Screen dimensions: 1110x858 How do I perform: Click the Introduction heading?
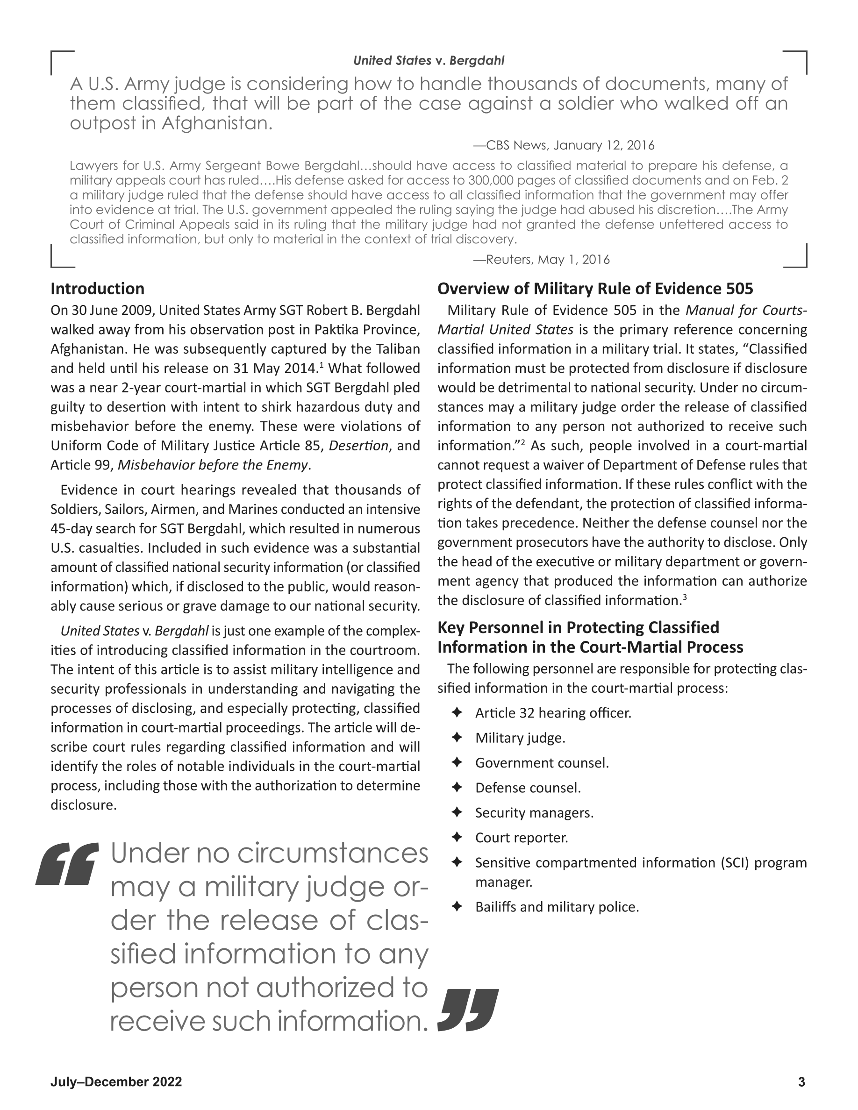(97, 289)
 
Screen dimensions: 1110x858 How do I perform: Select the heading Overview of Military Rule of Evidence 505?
(595, 289)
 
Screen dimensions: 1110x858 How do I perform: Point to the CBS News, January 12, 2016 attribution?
(564, 146)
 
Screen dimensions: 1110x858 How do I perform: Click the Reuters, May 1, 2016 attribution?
(542, 260)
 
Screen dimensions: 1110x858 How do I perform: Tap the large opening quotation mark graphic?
(66, 863)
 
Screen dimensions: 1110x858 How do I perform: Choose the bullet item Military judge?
(520, 738)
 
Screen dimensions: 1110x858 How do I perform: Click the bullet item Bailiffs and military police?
(557, 907)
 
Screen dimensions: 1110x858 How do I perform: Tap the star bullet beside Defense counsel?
(457, 788)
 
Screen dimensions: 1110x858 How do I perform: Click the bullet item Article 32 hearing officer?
(553, 713)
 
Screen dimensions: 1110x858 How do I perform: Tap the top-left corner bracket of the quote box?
(62, 62)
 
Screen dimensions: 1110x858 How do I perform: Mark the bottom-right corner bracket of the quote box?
(796, 256)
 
